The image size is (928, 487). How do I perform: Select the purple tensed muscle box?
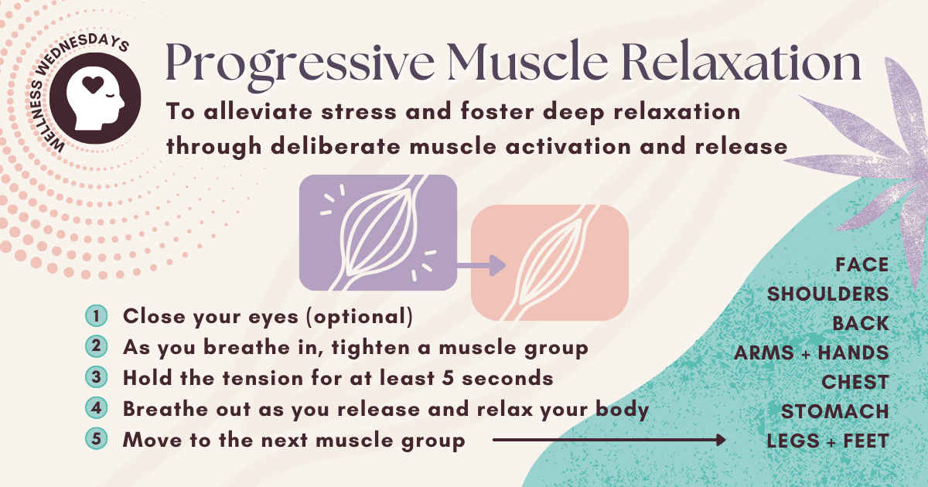tap(377, 233)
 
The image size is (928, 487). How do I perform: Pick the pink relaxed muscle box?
tap(549, 264)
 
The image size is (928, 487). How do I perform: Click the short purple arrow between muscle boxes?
tap(483, 266)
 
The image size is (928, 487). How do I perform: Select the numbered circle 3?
tap(96, 378)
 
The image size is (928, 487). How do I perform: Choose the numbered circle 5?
tap(96, 440)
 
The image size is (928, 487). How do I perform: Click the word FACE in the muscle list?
tap(861, 265)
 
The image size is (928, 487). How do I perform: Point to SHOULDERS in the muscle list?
tap(827, 295)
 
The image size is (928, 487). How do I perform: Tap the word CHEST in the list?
tap(855, 383)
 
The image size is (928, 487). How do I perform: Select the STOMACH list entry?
tap(834, 412)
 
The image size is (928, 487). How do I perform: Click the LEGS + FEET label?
tap(827, 441)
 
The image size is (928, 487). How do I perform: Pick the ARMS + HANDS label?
tap(811, 353)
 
